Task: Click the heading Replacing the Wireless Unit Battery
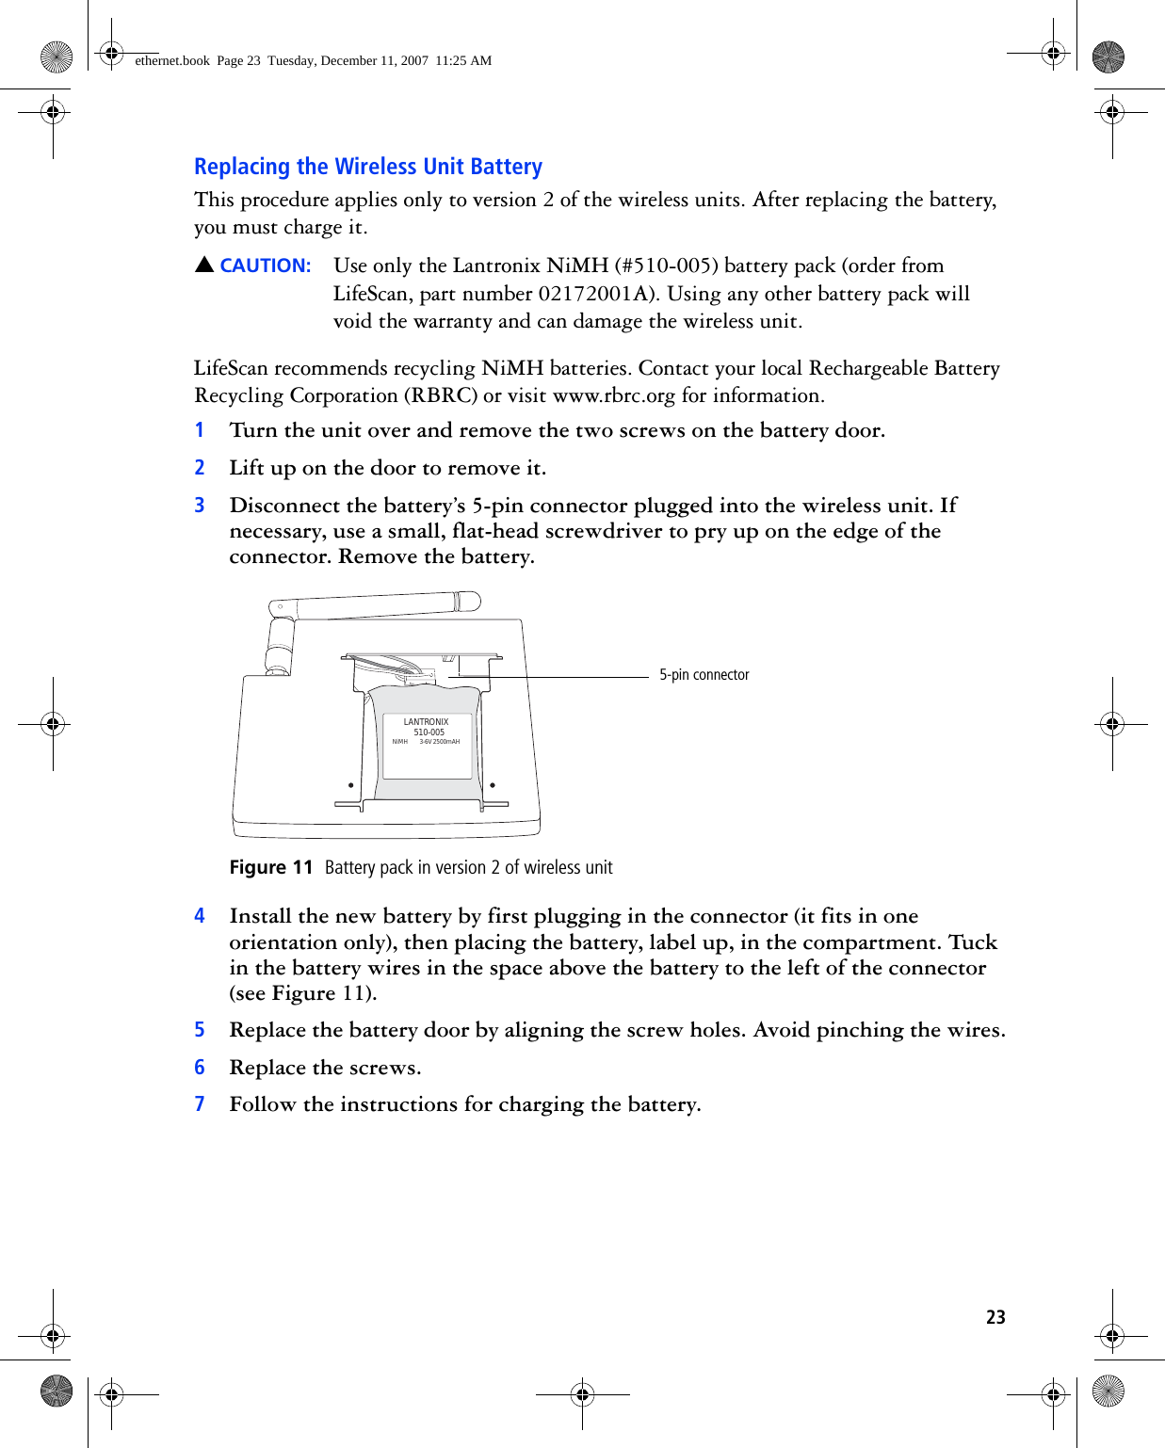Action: click(367, 167)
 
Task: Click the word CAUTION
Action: click(265, 266)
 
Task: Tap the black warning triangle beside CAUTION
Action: click(204, 265)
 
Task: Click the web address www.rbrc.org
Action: click(613, 395)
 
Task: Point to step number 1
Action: click(200, 430)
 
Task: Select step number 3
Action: click(200, 506)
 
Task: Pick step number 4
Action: click(200, 916)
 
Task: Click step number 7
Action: click(200, 1104)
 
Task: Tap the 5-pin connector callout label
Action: click(704, 675)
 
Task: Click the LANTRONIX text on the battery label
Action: click(426, 722)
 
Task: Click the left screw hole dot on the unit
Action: click(351, 785)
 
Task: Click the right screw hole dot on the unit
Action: click(493, 785)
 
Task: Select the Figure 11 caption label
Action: click(271, 867)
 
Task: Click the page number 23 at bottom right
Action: click(995, 1317)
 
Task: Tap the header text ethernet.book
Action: click(172, 61)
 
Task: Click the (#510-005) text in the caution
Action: click(666, 266)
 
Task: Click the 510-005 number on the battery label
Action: click(429, 732)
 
